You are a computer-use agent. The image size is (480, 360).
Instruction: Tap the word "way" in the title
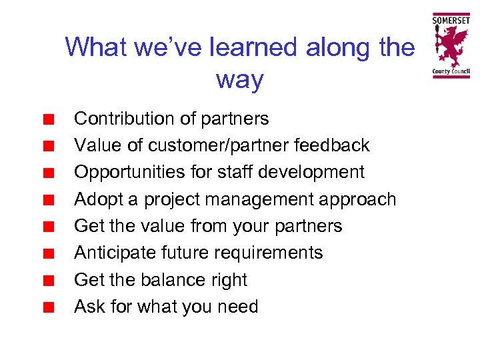coord(239,80)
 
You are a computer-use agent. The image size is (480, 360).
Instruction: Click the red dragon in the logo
coord(451,46)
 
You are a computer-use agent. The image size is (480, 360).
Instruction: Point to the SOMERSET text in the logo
coord(451,20)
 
